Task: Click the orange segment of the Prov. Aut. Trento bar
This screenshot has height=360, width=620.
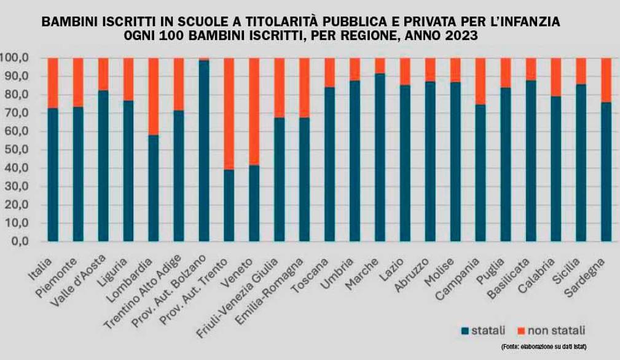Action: tap(229, 114)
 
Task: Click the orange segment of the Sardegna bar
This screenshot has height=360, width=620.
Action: tap(606, 80)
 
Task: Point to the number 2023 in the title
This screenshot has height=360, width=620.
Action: tap(457, 36)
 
